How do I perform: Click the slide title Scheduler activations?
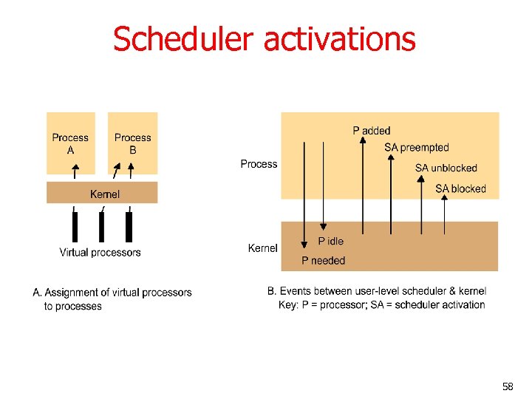(x=265, y=39)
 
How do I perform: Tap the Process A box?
(x=70, y=143)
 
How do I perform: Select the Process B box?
(x=132, y=143)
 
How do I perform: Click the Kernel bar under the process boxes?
(x=102, y=194)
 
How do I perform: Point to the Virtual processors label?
(x=100, y=253)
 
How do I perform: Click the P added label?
(x=371, y=131)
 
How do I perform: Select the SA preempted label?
(x=416, y=148)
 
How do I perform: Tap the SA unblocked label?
(x=446, y=168)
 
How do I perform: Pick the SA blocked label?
(x=460, y=189)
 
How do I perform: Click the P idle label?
(x=330, y=242)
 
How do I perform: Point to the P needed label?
(x=323, y=260)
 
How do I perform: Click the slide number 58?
(x=508, y=386)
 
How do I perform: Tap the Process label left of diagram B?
(x=259, y=164)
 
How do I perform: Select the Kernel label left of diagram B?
(x=263, y=248)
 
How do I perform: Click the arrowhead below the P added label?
(x=363, y=140)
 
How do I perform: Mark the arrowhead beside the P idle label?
(x=322, y=227)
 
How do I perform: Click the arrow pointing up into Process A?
(x=74, y=169)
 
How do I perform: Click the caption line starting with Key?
(x=381, y=304)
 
